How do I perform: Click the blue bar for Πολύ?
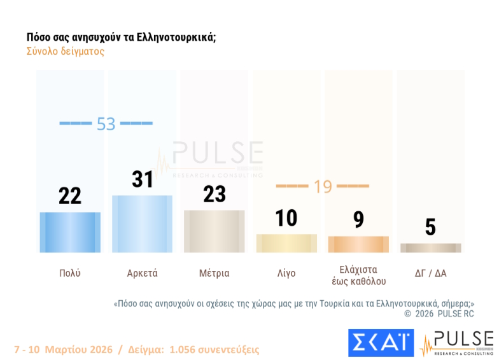[70, 232]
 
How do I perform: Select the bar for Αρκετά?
[142, 224]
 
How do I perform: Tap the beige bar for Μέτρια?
[214, 231]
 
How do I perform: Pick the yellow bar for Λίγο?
[286, 243]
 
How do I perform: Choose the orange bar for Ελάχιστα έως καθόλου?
[358, 244]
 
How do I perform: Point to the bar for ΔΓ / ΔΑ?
[430, 248]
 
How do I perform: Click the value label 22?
[70, 196]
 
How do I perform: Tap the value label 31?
[143, 179]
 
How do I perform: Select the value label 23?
[214, 194]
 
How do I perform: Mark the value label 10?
[286, 218]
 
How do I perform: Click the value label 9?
[358, 219]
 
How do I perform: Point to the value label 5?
[430, 227]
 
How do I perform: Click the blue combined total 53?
[106, 123]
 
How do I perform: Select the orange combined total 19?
[323, 186]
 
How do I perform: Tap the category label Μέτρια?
[214, 273]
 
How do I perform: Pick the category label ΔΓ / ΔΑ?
[430, 273]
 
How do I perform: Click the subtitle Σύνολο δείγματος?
[65, 52]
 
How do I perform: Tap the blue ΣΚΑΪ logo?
[381, 343]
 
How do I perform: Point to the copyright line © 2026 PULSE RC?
[439, 314]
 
